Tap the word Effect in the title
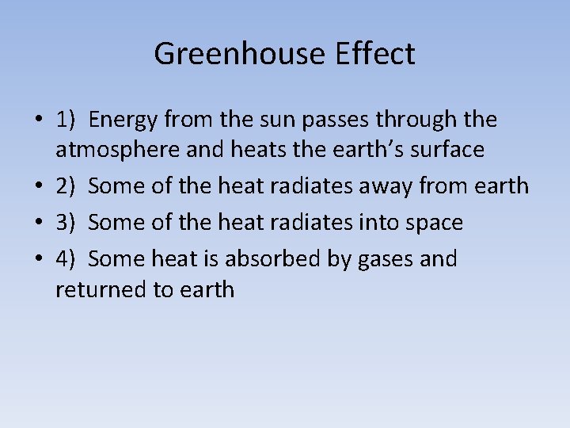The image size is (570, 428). [x=374, y=54]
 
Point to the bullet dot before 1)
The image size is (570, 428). [x=39, y=120]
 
